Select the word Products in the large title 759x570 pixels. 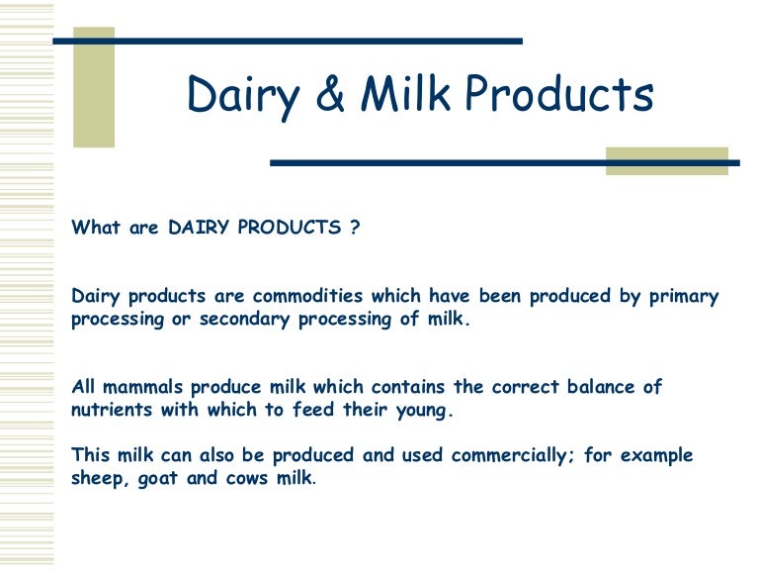pos(558,96)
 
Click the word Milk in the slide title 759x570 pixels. pos(406,96)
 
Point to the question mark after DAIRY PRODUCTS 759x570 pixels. pos(354,228)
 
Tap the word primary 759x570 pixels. pos(681,296)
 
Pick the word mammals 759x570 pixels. pos(134,387)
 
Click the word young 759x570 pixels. pos(426,410)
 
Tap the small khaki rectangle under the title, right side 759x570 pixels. pos(666,161)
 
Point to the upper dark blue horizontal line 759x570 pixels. pos(287,42)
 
